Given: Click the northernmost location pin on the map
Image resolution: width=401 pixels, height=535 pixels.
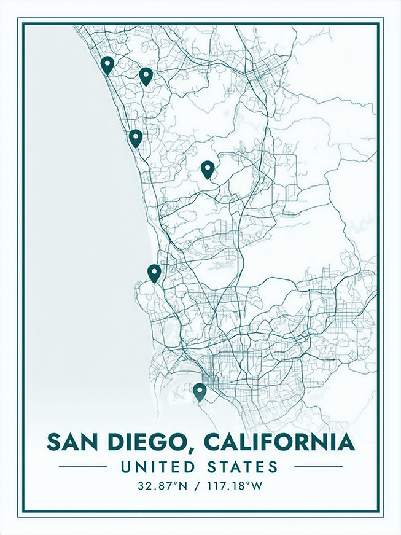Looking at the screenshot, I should (x=107, y=64).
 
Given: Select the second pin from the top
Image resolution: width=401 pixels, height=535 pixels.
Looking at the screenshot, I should (x=146, y=76).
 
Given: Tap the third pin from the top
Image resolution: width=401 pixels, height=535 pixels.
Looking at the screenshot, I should (x=136, y=137).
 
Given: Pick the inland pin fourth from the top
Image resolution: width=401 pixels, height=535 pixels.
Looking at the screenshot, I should (x=208, y=168).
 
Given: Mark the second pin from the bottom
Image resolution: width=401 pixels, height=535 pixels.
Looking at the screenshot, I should (x=154, y=272).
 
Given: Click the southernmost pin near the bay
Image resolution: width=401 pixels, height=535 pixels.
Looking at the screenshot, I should (x=199, y=391).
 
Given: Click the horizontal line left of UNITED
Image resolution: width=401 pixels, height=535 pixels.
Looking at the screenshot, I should (x=82, y=467).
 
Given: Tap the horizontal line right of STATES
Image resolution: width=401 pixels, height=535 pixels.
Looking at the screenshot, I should (x=318, y=467).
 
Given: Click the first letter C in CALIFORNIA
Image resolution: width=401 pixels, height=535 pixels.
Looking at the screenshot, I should (x=212, y=442).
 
